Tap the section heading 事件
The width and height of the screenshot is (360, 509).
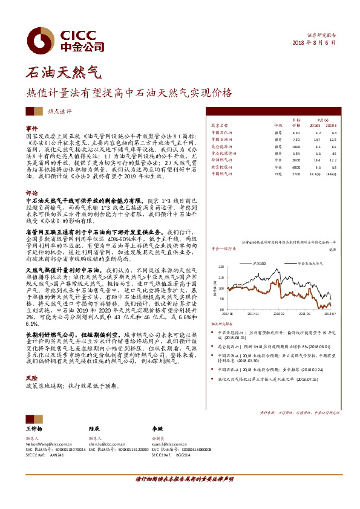click(x=32, y=129)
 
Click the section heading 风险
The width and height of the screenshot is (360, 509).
click(x=32, y=377)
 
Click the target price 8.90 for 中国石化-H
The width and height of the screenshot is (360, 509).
click(x=296, y=132)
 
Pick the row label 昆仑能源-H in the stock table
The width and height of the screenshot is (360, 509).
click(x=221, y=146)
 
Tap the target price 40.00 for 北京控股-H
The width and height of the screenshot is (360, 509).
click(x=296, y=166)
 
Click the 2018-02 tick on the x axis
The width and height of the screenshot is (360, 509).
click(x=281, y=314)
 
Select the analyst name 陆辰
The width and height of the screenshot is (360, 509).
click(x=94, y=428)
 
